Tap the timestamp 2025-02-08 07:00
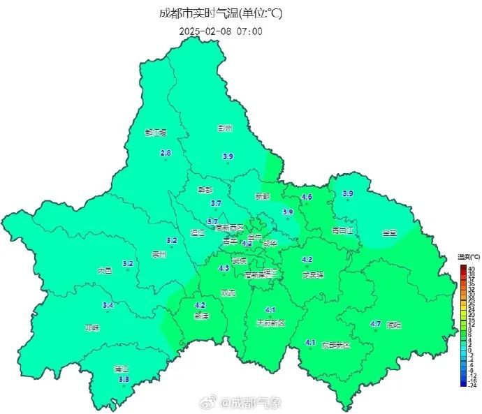[x=221, y=31]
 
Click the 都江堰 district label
[x=156, y=132]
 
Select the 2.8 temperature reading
[x=166, y=154]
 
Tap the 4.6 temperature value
[x=306, y=197]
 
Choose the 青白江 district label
[x=343, y=229]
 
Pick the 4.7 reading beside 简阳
[x=375, y=324]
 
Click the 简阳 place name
[x=394, y=325]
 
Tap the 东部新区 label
[x=335, y=345]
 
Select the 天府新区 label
[x=271, y=323]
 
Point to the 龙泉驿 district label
[x=312, y=274]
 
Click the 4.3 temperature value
[x=224, y=268]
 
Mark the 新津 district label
[x=200, y=316]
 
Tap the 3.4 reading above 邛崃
[x=108, y=305]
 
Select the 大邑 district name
[x=104, y=269]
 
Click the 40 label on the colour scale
[x=472, y=269]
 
